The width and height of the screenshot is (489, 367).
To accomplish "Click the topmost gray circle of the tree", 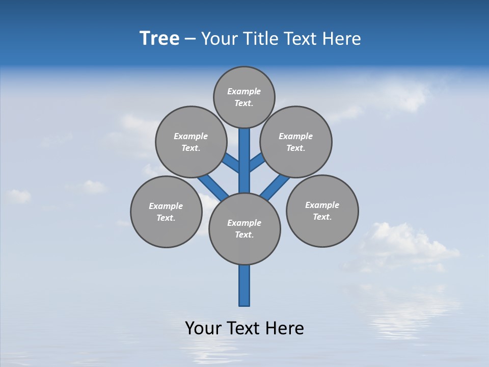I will click(244, 97).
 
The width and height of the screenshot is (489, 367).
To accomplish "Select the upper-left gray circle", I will click(191, 142).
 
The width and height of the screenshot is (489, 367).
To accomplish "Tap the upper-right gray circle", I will click(296, 142).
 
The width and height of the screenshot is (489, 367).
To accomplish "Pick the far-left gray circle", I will click(166, 212).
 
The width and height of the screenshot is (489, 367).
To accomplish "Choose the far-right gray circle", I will click(322, 211).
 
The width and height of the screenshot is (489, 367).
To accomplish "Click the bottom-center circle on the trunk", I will click(244, 229).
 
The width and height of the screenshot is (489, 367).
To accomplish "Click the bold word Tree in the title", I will click(159, 38).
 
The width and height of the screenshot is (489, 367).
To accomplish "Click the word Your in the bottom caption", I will click(204, 328).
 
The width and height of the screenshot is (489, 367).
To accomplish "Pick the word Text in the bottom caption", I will click(246, 328).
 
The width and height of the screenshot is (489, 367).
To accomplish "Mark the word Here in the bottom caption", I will click(286, 328).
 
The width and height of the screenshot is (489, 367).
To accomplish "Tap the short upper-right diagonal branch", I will click(257, 162).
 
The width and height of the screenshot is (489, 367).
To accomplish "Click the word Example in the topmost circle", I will click(244, 92).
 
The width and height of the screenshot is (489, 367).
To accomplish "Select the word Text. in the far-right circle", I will click(322, 217).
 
